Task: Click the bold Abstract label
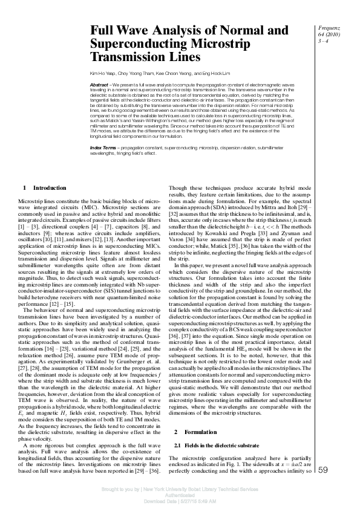pos(99,85)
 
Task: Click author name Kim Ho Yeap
pos(102,72)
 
